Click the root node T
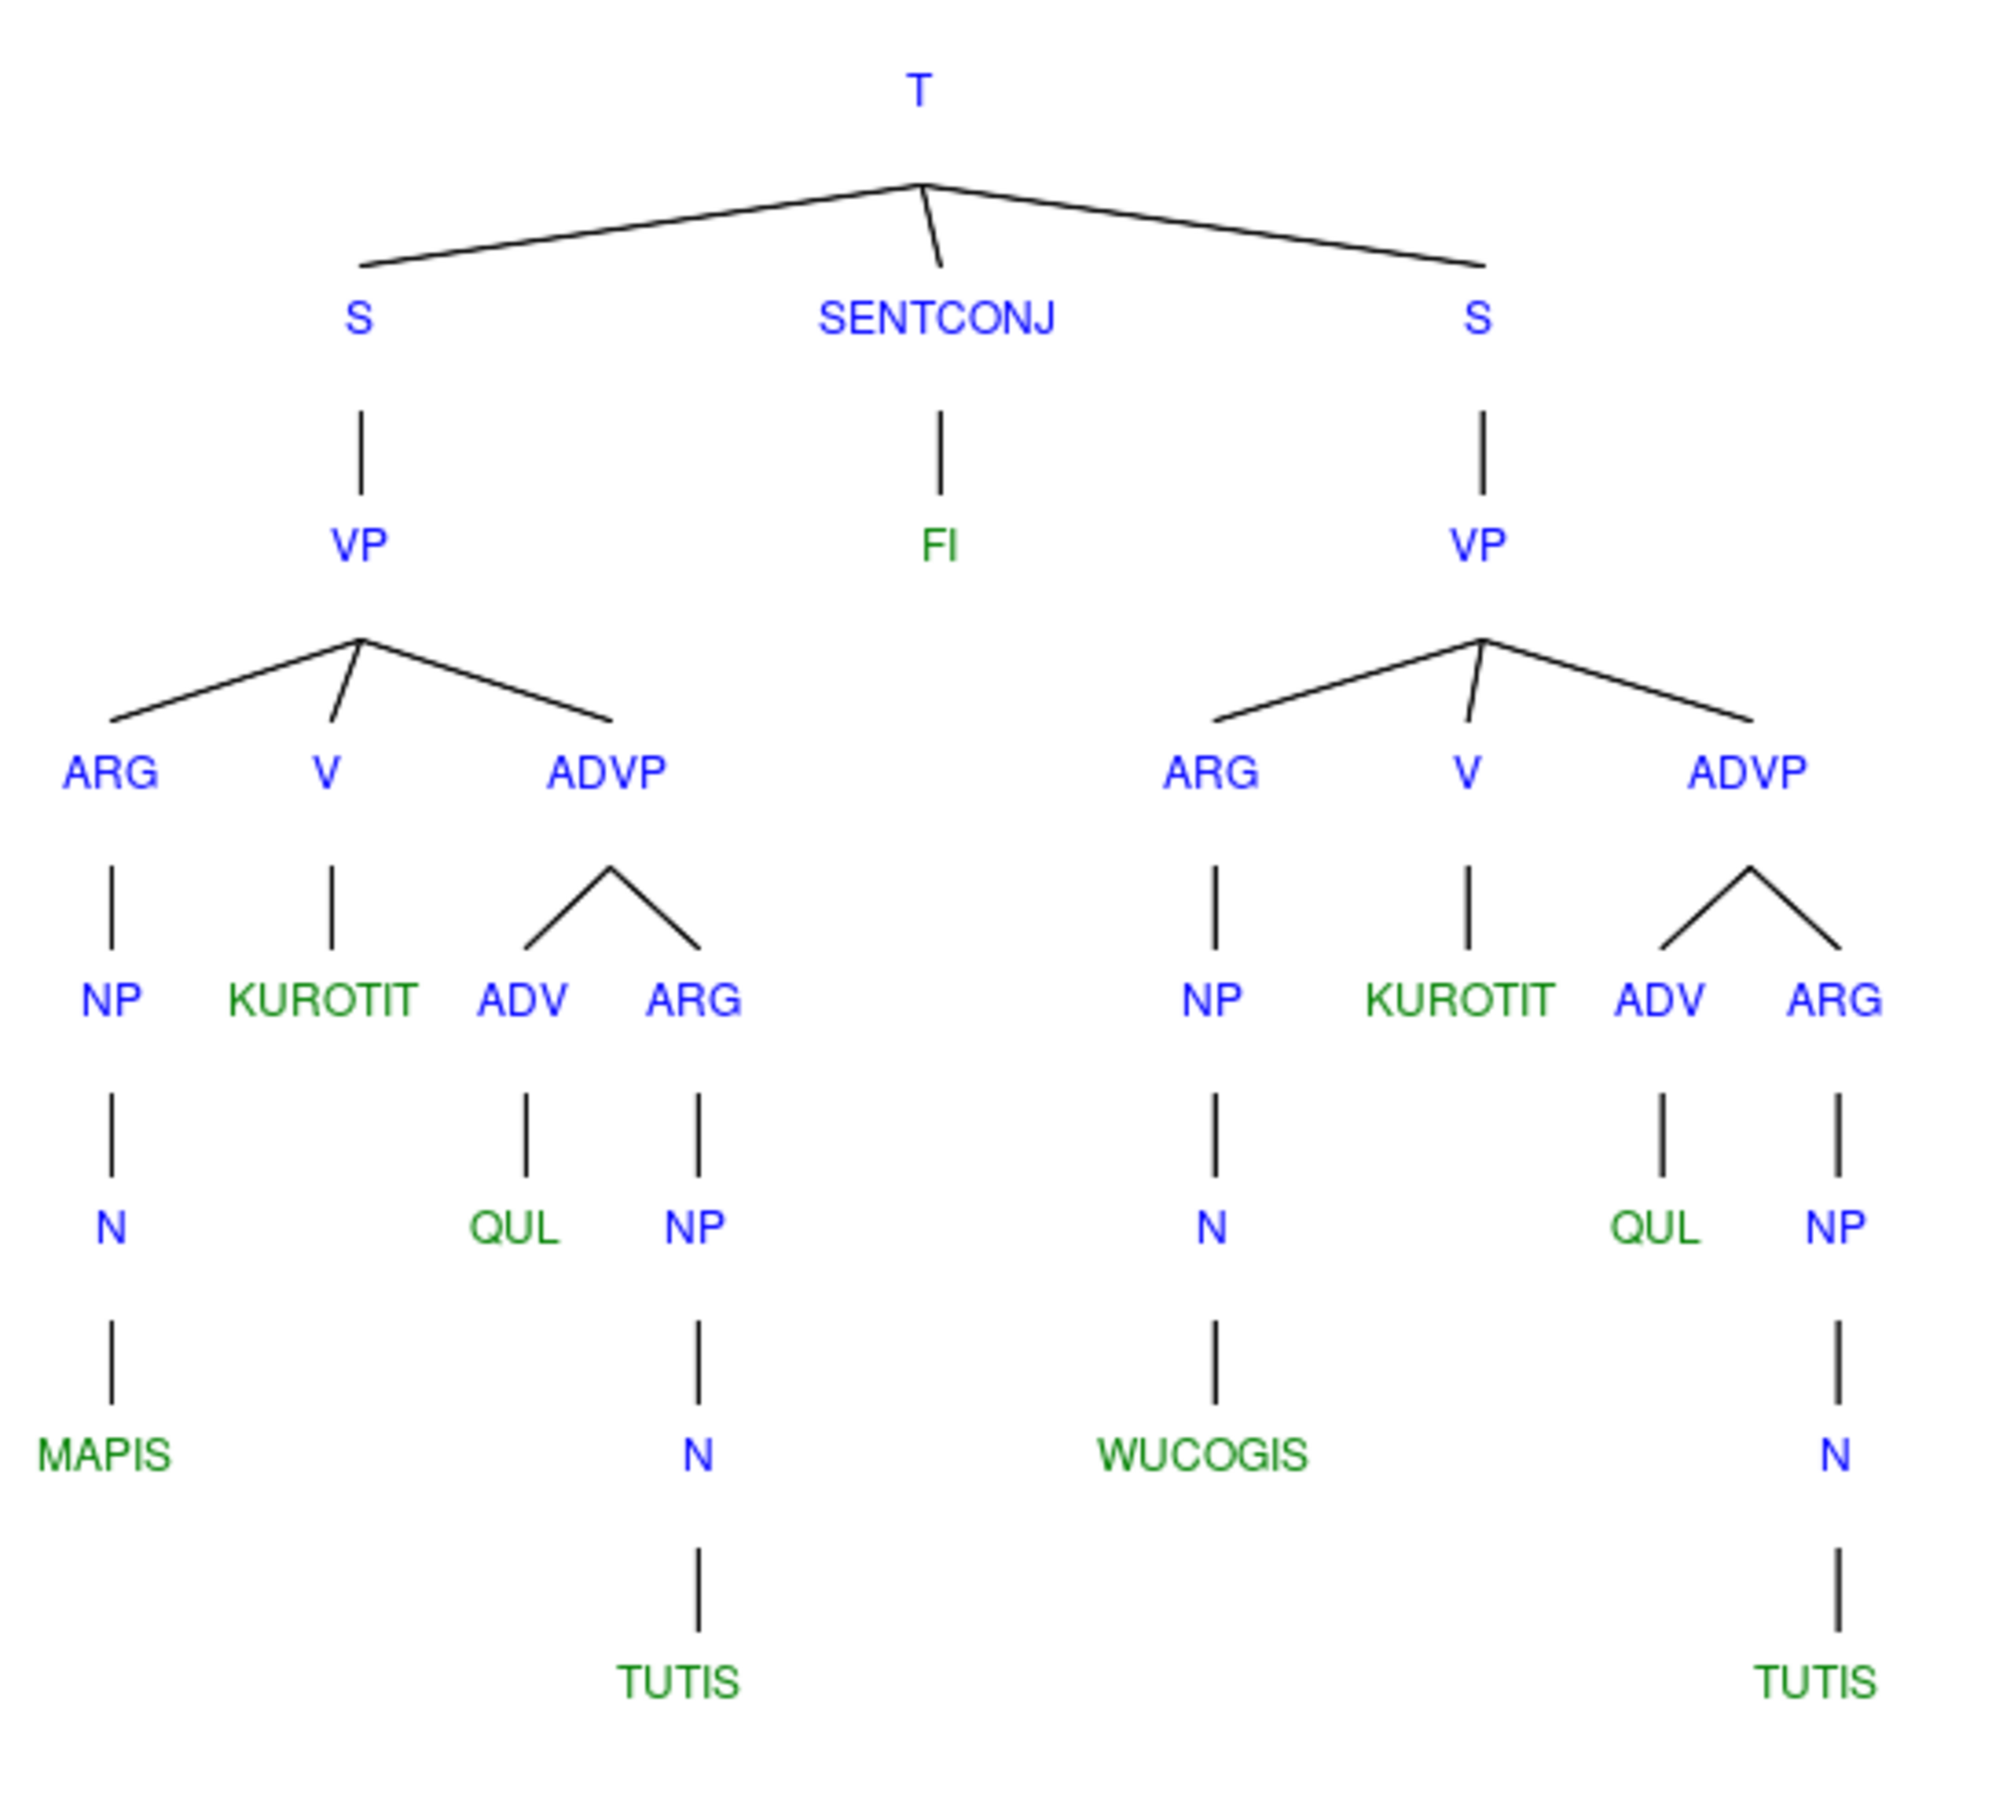[x=920, y=90]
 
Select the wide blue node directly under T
[x=935, y=317]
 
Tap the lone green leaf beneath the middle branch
[x=940, y=544]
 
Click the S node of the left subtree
[x=358, y=317]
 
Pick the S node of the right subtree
[x=1477, y=317]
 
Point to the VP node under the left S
[x=358, y=544]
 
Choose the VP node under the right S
[x=1477, y=544]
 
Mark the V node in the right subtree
[x=1466, y=772]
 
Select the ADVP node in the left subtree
[x=608, y=772]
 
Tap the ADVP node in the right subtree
[x=1748, y=772]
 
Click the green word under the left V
[x=324, y=999]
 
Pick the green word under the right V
[x=1461, y=999]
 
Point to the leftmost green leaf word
[x=104, y=1454]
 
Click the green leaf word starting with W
[x=1203, y=1454]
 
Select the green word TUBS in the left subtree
[x=679, y=1682]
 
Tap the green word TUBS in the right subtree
[x=1816, y=1682]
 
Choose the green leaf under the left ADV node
[x=514, y=1226]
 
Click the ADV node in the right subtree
[x=1660, y=999]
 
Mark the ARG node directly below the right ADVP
[x=1834, y=999]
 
